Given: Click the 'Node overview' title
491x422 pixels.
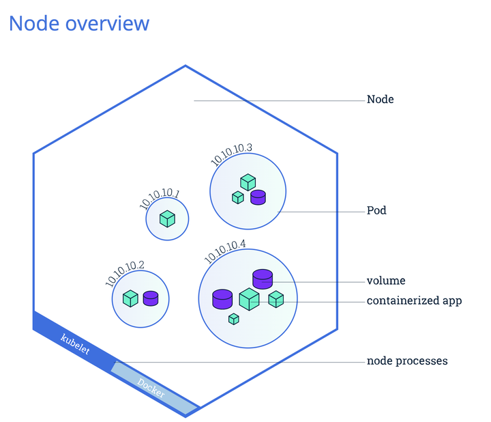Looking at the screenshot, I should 78,23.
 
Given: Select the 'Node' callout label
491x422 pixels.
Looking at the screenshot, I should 380,100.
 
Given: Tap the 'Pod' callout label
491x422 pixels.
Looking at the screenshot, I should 376,210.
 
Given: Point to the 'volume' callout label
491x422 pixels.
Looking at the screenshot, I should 386,281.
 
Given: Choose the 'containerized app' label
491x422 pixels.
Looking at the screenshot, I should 414,300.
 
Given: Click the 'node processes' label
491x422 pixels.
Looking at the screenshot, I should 407,361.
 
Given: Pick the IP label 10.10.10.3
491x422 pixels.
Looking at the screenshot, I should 231,155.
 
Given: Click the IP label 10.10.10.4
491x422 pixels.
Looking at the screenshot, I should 226,251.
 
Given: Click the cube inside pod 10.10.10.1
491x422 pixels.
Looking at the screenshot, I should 167,219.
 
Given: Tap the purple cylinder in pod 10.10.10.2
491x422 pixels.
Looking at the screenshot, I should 151,298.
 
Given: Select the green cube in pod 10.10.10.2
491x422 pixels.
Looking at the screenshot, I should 130,298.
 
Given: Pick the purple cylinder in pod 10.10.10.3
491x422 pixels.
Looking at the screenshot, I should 258,197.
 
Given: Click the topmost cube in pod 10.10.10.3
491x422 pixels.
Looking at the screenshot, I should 248,182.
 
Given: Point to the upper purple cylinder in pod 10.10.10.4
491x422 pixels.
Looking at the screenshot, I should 263,279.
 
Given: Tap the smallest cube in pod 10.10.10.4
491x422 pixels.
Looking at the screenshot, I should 234,319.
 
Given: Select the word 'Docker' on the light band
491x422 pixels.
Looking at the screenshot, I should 151,385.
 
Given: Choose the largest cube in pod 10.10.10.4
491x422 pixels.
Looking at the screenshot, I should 249,299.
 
